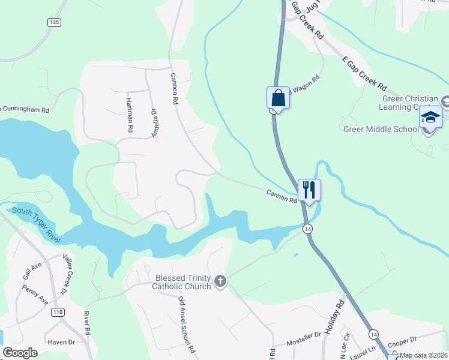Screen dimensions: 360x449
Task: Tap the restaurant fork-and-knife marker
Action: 309,190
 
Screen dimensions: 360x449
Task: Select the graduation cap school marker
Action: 430,117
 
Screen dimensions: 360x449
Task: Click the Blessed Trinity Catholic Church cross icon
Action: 220,281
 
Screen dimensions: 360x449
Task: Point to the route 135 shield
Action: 55,22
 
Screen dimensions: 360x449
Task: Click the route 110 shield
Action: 58,313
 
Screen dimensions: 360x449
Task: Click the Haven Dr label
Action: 61,342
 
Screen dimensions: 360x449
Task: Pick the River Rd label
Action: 87,323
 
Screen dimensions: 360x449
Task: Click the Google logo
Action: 20,353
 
